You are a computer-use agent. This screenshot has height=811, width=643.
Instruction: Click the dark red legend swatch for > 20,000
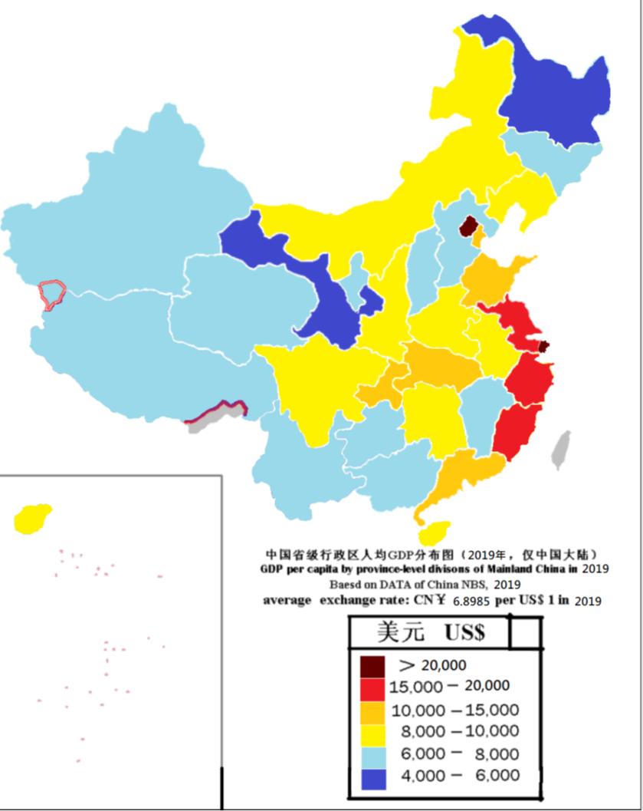pos(373,664)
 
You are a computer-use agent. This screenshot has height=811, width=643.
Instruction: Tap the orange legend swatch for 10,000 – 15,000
pos(373,709)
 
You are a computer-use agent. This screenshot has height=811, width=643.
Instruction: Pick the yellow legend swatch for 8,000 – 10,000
pos(373,731)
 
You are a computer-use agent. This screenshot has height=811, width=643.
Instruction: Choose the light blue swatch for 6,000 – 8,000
pos(373,753)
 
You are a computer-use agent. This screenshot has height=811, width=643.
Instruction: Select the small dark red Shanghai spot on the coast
pos(544,346)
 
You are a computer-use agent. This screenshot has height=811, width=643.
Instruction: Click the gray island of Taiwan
pos(562,449)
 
